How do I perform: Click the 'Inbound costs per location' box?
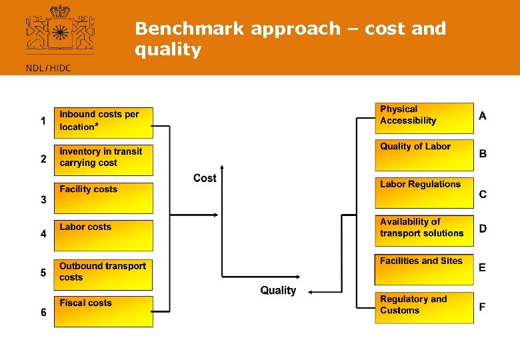103,123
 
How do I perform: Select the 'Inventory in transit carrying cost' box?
103,160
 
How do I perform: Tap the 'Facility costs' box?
103,198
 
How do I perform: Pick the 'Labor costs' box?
103,235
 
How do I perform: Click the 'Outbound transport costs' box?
103,275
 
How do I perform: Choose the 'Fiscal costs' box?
103,311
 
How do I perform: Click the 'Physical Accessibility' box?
424,118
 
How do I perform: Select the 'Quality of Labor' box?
424,155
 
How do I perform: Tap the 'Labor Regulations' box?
424,193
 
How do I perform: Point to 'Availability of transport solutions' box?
424,231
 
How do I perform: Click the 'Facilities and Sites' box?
424,269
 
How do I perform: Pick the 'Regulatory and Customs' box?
424,308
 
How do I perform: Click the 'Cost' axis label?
205,178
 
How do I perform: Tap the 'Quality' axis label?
278,291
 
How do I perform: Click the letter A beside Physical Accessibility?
483,116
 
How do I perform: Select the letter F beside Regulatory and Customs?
482,307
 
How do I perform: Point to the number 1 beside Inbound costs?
43,121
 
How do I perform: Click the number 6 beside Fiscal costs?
43,313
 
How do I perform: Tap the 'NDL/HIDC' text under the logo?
47,67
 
